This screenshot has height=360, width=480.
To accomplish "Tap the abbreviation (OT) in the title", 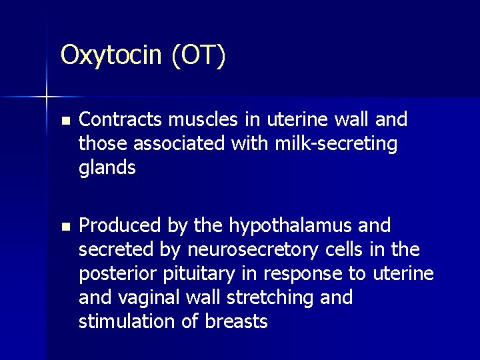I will (x=198, y=55).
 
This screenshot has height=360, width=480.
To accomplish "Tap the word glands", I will (x=107, y=167).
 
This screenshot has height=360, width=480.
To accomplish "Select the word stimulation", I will (x=126, y=321).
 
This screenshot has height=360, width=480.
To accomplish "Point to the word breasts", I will (x=238, y=321).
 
